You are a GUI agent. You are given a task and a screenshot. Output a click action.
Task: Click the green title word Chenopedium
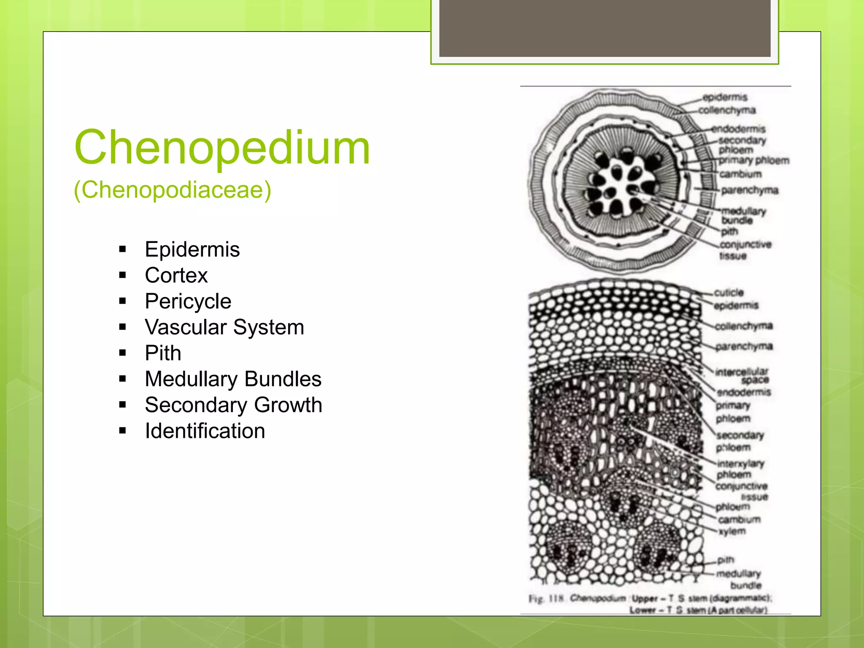click(x=222, y=148)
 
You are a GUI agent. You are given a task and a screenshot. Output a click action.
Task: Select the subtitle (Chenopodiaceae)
click(x=172, y=190)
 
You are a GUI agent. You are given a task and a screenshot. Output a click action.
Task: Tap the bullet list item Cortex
click(x=176, y=275)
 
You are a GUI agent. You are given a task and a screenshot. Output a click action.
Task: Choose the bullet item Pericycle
click(x=188, y=301)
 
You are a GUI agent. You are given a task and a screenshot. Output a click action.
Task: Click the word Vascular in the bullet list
click(x=186, y=327)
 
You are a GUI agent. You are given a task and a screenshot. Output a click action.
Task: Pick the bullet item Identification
click(x=205, y=431)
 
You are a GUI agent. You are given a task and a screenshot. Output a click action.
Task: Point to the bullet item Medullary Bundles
click(x=233, y=379)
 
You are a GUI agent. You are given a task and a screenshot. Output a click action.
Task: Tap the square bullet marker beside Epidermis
click(x=123, y=249)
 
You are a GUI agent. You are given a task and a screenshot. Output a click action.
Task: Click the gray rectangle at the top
click(x=605, y=28)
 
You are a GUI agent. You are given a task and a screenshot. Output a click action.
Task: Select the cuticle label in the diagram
click(x=729, y=292)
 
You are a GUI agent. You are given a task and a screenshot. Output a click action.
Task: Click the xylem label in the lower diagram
click(x=732, y=531)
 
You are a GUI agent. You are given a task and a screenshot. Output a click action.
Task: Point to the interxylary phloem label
click(x=740, y=469)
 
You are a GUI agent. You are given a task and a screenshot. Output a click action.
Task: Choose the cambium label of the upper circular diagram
click(x=740, y=174)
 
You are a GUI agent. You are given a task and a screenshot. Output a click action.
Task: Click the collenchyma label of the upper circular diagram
click(x=726, y=110)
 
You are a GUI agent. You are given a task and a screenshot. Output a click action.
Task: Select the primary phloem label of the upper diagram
click(x=754, y=160)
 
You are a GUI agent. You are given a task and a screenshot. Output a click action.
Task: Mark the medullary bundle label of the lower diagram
click(x=739, y=579)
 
